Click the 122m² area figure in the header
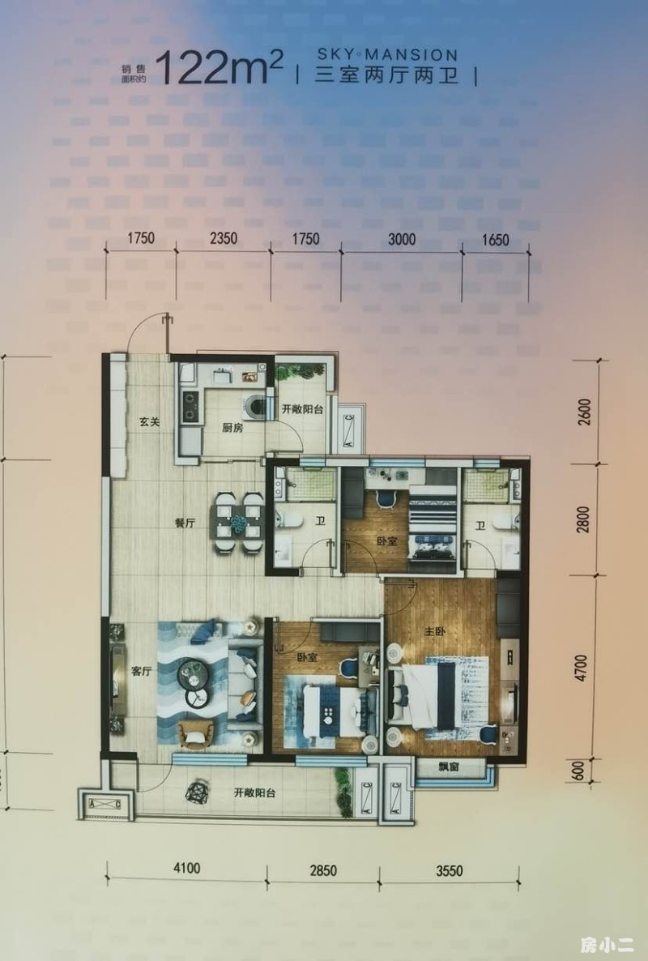220,68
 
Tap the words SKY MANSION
387,54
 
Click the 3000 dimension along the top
401,239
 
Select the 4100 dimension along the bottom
187,868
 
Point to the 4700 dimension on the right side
582,668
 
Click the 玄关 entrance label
149,421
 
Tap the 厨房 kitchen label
232,428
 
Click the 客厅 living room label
141,671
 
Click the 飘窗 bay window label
449,767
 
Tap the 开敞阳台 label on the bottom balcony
255,792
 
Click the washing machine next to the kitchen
256,405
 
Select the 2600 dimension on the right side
585,412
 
